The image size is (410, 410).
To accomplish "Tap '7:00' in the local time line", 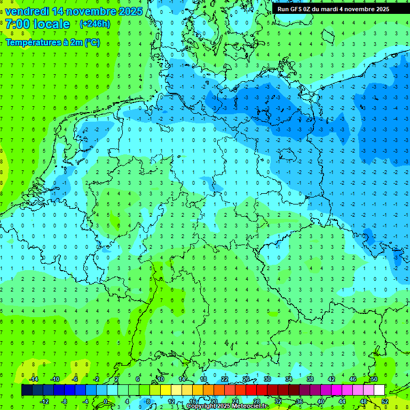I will pyautogui.click(x=17, y=24).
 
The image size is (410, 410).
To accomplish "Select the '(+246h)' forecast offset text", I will pyautogui.click(x=94, y=24).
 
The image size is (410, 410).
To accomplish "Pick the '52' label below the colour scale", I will pyautogui.click(x=385, y=401).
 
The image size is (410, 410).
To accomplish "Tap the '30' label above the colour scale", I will pyautogui.click(x=267, y=379).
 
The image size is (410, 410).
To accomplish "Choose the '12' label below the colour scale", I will pyautogui.click(x=171, y=401).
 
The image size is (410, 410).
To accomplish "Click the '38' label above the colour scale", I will pyautogui.click(x=310, y=379).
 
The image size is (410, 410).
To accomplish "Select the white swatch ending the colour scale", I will pyautogui.click(x=379, y=390).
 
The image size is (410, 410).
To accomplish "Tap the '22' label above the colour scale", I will pyautogui.click(x=225, y=379).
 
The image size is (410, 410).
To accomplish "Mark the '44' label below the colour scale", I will pyautogui.click(x=342, y=401).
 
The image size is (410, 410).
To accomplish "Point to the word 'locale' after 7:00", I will pyautogui.click(x=51, y=24).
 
